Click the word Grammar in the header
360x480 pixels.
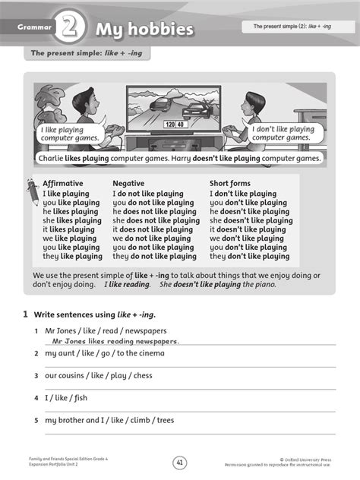[35, 28]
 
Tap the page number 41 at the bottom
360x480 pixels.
[180, 461]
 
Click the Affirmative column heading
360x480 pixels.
[63, 184]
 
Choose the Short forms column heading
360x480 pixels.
[230, 184]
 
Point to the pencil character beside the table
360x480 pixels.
[33, 191]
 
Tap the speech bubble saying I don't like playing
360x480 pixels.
[282, 134]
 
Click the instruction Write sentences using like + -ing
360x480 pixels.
[95, 314]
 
